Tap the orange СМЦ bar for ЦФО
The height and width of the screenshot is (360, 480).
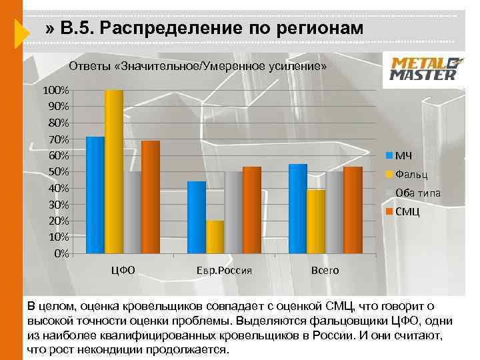151,197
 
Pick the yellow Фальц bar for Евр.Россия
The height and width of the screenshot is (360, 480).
215,237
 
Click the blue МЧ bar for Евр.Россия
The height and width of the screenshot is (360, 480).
197,217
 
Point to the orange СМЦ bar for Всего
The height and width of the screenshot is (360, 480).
353,210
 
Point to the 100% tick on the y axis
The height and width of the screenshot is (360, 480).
56,90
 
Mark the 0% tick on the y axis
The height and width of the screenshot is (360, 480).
61,253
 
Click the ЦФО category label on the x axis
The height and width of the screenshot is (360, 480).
123,270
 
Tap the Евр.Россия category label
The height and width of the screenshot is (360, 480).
224,271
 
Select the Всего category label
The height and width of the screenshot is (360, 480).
325,271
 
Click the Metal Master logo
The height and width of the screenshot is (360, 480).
423,69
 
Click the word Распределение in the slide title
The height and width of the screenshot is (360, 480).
172,29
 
